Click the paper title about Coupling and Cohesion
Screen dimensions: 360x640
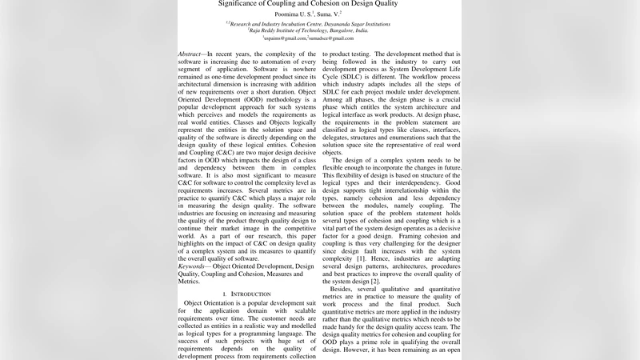click(319, 4)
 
